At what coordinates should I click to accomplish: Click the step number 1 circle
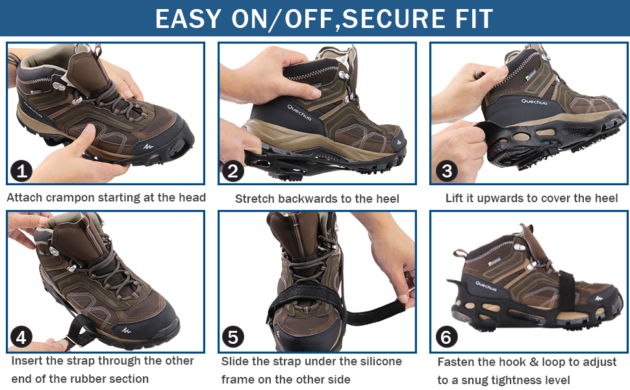click(x=21, y=171)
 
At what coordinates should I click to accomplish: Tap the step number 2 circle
click(x=233, y=171)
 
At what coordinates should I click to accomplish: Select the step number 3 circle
click(x=447, y=171)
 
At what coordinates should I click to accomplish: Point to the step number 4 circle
click(x=21, y=337)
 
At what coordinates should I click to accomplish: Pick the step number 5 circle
click(x=233, y=337)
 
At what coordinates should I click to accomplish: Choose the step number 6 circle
click(x=447, y=337)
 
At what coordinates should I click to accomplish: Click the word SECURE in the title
click(x=394, y=18)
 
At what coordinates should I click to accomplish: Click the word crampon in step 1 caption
click(x=70, y=198)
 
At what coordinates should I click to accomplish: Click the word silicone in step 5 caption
click(x=379, y=361)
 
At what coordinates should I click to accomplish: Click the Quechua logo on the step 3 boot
click(x=534, y=101)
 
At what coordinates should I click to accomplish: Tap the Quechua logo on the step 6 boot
click(x=485, y=286)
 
